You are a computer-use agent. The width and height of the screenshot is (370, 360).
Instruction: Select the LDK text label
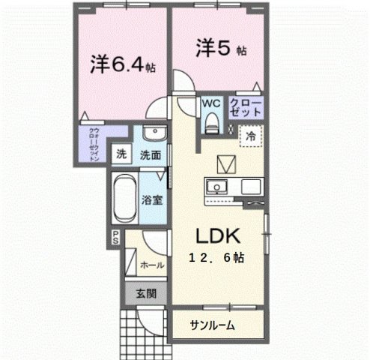[217, 236]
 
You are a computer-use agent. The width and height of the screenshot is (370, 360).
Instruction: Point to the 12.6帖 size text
[217, 256]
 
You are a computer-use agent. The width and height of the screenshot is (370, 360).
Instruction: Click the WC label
[209, 103]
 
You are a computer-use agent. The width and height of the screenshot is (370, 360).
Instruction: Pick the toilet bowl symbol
[209, 121]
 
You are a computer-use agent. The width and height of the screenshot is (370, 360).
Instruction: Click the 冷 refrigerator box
[250, 136]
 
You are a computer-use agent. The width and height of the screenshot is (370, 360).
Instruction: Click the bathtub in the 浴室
[123, 199]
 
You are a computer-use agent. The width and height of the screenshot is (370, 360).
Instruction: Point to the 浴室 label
[152, 200]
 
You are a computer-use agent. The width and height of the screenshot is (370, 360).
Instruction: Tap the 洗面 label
[151, 155]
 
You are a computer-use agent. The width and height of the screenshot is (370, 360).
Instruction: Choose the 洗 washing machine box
[121, 155]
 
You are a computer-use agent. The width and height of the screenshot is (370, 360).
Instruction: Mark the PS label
[116, 238]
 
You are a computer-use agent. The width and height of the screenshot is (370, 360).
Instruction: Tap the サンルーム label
[212, 325]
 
